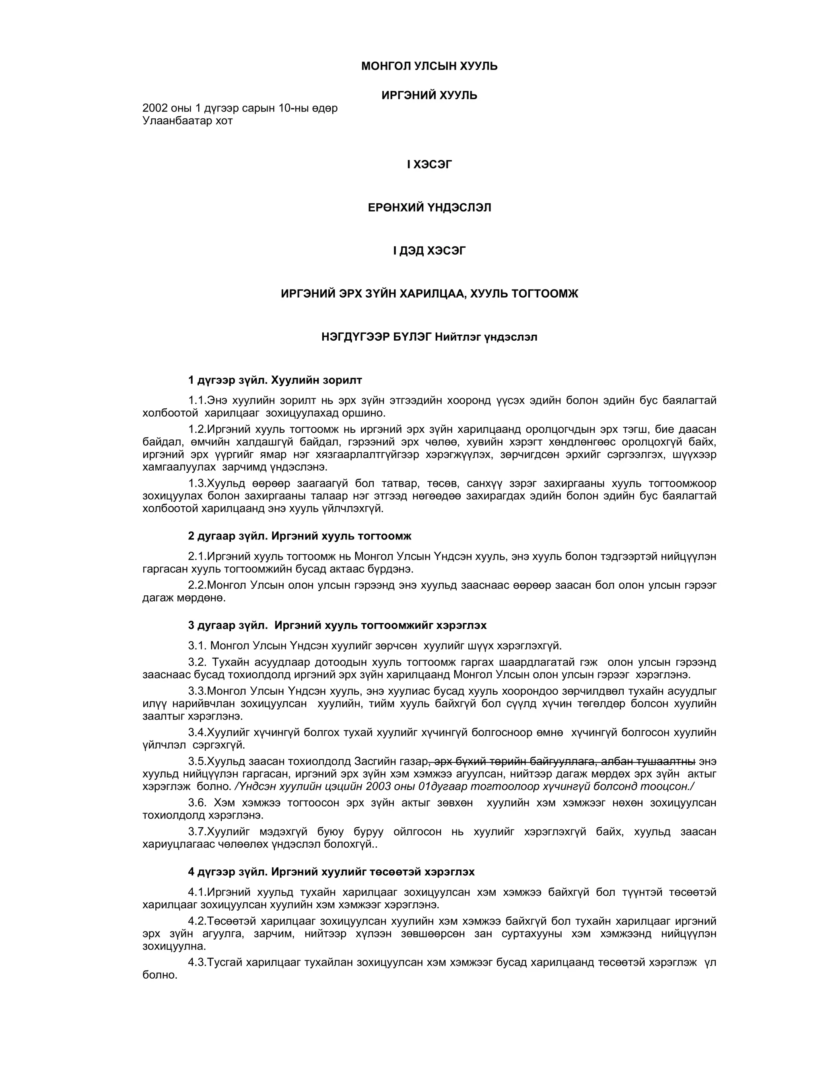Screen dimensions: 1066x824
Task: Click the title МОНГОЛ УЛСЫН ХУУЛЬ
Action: pyautogui.click(x=429, y=66)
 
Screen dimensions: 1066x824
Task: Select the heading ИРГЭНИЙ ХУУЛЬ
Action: pyautogui.click(x=429, y=95)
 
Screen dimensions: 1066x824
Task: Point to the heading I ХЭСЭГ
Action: pyautogui.click(x=429, y=165)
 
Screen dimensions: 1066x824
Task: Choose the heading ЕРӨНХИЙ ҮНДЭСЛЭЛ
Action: pyautogui.click(x=429, y=208)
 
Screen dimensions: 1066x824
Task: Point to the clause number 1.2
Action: pyautogui.click(x=197, y=430)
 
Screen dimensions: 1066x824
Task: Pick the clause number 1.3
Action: pyautogui.click(x=197, y=484)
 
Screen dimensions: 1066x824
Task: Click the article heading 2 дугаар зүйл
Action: pyautogui.click(x=227, y=536)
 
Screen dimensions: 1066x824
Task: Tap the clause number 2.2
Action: pyautogui.click(x=197, y=585)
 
